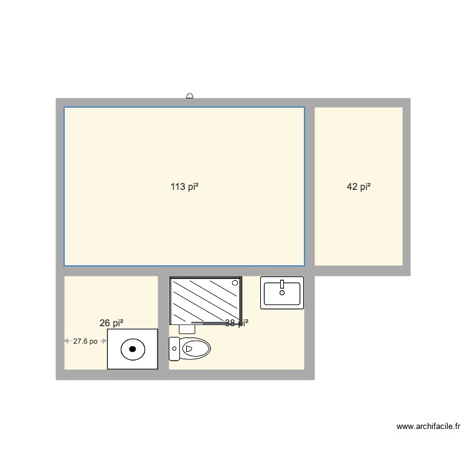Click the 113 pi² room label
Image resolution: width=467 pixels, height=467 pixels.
click(184, 186)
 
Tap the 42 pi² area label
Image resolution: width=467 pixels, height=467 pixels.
click(359, 186)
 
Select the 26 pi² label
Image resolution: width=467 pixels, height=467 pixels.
click(111, 323)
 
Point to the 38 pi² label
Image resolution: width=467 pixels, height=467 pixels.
click(237, 323)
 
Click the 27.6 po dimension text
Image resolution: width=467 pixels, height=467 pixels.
click(85, 341)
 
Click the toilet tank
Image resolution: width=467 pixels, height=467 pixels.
click(174, 349)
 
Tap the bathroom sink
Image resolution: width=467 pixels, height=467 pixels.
click(282, 293)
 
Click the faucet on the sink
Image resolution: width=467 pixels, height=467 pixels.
click(282, 284)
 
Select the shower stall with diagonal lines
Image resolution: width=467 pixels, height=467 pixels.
click(205, 301)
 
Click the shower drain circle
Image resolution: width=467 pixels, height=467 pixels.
click(235, 283)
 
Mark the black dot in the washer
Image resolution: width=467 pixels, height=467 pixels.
click(132, 349)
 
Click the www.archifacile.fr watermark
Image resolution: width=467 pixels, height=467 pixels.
click(428, 427)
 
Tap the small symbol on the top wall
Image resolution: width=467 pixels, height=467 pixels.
click(189, 96)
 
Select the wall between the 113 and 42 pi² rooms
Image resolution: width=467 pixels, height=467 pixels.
click(309, 186)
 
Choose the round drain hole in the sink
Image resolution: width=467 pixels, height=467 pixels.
click(282, 292)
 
